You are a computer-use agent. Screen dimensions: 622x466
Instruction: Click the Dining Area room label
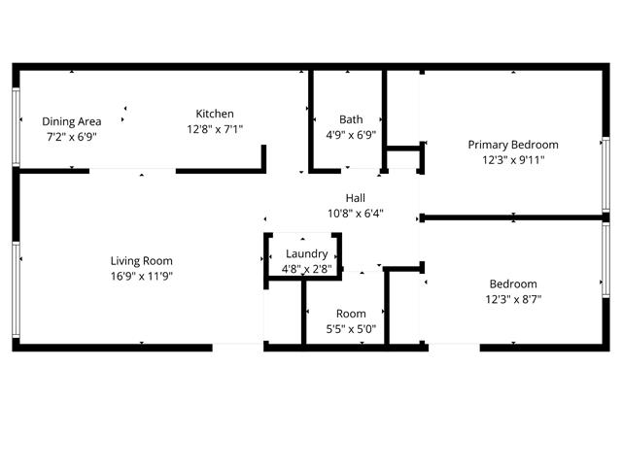click(71, 121)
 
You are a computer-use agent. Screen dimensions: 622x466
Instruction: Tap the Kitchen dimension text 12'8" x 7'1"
click(215, 129)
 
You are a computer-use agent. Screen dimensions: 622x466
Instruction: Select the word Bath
click(351, 119)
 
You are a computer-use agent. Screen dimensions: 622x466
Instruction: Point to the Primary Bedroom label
click(513, 145)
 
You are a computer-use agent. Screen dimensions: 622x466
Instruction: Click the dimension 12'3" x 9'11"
click(513, 160)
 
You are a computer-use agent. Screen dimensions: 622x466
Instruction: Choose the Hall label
click(356, 198)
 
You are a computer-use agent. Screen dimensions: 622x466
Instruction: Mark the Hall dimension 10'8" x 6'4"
click(356, 214)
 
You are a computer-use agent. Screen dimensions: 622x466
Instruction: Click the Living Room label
click(142, 261)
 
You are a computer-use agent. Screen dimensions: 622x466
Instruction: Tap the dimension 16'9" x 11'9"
click(142, 276)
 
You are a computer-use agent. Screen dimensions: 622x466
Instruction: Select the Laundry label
click(307, 254)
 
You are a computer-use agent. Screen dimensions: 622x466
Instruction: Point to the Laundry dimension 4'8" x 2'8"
click(307, 270)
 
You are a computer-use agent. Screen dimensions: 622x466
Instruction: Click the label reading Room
click(351, 314)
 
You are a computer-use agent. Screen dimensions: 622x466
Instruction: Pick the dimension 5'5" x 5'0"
click(351, 329)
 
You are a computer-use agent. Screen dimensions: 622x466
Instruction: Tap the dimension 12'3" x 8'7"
click(513, 299)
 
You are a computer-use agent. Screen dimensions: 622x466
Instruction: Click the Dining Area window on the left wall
click(16, 127)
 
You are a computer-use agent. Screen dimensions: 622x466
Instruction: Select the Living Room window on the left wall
click(16, 289)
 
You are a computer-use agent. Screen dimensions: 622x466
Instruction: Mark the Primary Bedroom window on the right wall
click(605, 175)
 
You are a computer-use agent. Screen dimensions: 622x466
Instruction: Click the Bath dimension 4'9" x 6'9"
click(351, 135)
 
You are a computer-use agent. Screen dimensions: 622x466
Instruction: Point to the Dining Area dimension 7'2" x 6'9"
click(72, 137)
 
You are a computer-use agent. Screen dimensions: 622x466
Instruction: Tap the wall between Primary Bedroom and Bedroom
click(514, 217)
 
